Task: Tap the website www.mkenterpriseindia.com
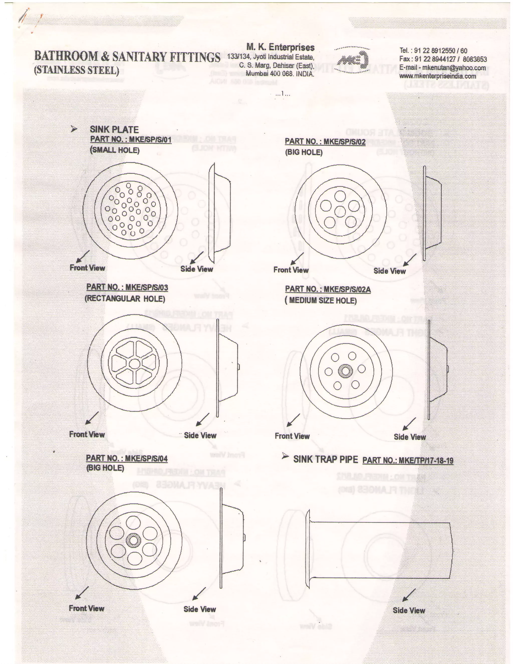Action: [x=437, y=76]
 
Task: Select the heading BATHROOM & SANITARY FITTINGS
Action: [x=127, y=57]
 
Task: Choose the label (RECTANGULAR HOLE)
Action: [x=125, y=299]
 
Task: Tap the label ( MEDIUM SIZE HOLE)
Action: [x=321, y=301]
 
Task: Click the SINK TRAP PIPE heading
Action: [x=325, y=459]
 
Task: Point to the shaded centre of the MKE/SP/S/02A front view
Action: [x=345, y=371]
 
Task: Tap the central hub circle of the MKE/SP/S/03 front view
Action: [x=134, y=364]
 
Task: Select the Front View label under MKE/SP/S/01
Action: [x=87, y=268]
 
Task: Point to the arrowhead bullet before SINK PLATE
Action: [x=74, y=129]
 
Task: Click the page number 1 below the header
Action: [x=283, y=94]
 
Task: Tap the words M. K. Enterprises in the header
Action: [x=280, y=47]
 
